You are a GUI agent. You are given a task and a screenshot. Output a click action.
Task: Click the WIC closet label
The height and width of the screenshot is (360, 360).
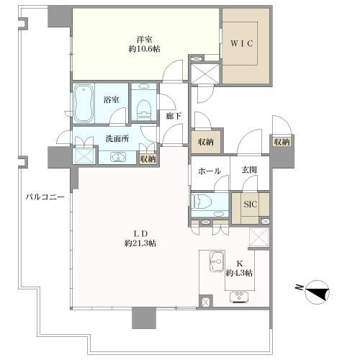pyautogui.click(x=242, y=43)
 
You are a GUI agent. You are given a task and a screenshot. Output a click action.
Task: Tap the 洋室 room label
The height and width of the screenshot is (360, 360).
pyautogui.click(x=145, y=39)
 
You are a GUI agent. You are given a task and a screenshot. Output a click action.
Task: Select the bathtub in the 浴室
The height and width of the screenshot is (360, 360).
pyautogui.click(x=84, y=103)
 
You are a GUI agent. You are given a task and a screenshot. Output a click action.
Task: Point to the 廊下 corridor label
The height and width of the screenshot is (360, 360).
pyautogui.click(x=174, y=116)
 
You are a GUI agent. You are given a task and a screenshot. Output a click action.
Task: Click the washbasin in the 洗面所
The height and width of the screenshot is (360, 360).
pyautogui.click(x=118, y=157)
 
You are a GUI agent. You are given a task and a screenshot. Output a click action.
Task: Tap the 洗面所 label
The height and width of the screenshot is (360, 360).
pyautogui.click(x=117, y=138)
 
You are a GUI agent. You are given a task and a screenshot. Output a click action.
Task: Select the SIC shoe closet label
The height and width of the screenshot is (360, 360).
pyautogui.click(x=250, y=204)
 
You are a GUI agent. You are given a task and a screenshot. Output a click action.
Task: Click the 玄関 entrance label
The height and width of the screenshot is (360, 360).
pyautogui.click(x=249, y=170)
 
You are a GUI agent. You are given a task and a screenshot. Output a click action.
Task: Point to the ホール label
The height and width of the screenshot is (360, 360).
pyautogui.click(x=210, y=171)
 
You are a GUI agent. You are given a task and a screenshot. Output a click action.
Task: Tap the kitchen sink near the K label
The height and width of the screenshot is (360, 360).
pyautogui.click(x=217, y=261)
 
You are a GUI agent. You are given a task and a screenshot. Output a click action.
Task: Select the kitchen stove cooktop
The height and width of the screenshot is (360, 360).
pyautogui.click(x=239, y=297)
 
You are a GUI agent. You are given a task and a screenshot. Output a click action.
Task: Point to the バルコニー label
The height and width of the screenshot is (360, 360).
pyautogui.click(x=45, y=197)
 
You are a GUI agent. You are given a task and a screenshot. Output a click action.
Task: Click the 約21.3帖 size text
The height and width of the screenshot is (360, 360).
pyautogui.click(x=140, y=243)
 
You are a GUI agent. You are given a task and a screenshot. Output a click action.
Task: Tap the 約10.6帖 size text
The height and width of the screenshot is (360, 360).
pyautogui.click(x=145, y=49)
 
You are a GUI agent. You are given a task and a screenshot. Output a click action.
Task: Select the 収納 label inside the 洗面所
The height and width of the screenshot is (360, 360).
pyautogui.click(x=148, y=159)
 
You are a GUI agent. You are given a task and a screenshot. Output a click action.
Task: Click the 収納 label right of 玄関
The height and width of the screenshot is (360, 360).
pyautogui.click(x=282, y=142)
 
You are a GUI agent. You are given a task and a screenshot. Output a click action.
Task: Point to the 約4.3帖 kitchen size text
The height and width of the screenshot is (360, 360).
pyautogui.click(x=239, y=273)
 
